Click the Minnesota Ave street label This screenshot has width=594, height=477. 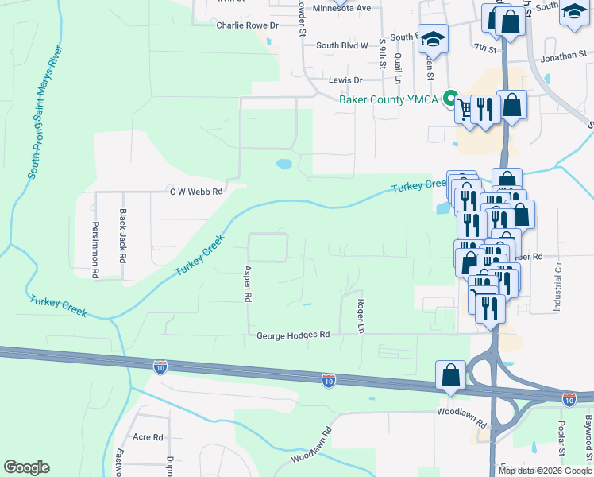pos(341,8)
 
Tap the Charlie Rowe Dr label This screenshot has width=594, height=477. pos(249,25)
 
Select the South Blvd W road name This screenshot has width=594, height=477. pos(342,46)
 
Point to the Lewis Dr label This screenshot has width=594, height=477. pos(345,80)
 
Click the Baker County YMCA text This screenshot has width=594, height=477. pos(389,99)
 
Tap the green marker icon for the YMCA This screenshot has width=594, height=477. pos(449,99)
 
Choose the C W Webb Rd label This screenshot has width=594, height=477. pos(195,192)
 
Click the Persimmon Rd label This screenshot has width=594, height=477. pos(94,250)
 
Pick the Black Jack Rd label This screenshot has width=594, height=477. pos(123,236)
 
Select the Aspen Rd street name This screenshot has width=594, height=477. pos(248,283)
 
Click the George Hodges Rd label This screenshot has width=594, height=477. pos(292,336)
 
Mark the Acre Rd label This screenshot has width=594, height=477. pos(148,437)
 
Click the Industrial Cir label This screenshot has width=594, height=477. pos(558,284)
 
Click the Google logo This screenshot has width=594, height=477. pos(26,467)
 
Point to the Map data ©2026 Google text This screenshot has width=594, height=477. pos(544,471)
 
